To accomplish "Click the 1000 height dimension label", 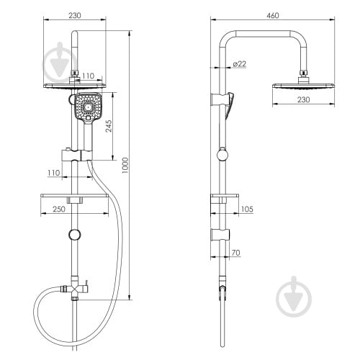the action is [125, 166].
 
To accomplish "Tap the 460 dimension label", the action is [273, 16].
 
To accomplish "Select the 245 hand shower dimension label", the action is [109, 126].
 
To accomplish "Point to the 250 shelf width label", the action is [59, 209].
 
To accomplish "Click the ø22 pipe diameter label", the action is [240, 64].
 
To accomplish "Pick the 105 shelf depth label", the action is [247, 209].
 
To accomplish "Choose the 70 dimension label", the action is [236, 253].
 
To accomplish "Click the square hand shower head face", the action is [88, 107].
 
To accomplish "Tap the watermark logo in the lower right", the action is [294, 297].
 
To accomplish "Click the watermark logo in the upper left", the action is [60, 63].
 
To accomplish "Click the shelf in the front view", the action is [74, 196].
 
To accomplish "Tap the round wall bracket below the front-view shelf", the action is [75, 234].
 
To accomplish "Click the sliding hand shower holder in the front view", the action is [77, 155].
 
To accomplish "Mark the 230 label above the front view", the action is [75, 16].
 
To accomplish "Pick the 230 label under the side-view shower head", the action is [303, 99].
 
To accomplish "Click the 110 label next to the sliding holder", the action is [54, 173].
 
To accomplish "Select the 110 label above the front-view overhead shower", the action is [89, 76].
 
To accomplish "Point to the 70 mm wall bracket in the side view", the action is [220, 235].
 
